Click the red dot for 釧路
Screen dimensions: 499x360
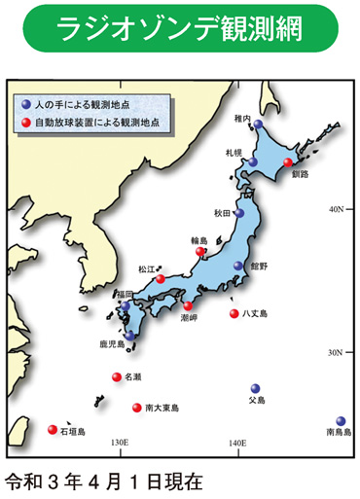(x=288, y=162)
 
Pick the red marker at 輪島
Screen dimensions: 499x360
(x=201, y=253)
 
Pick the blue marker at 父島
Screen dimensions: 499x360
(x=256, y=387)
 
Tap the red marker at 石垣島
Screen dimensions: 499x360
(x=52, y=425)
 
